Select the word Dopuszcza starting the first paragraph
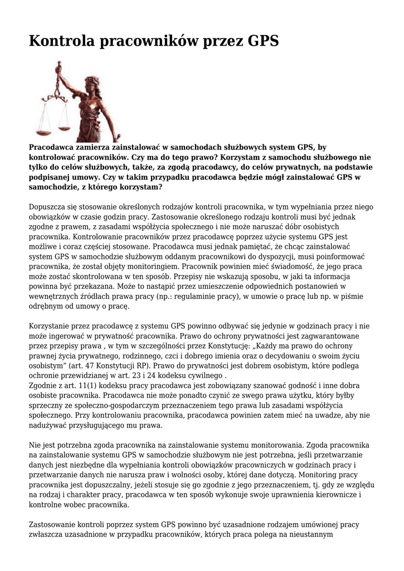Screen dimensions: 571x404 [x=49, y=207]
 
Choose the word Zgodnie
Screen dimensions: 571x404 [x=44, y=386]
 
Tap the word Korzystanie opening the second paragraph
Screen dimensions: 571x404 [x=52, y=326]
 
